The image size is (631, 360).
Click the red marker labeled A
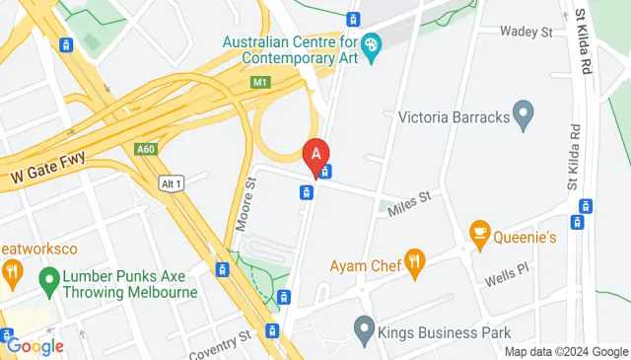point(315,156)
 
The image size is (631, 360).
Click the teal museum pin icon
point(371,45)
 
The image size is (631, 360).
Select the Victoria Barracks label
point(454,117)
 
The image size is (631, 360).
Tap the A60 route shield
point(146,148)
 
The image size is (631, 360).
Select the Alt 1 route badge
point(172,183)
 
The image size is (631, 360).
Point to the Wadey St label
point(526,33)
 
